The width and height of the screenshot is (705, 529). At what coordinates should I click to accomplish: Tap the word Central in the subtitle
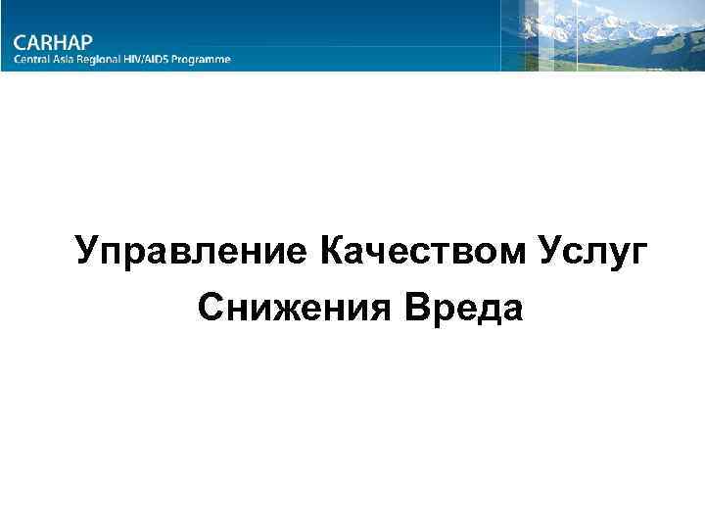click(32, 59)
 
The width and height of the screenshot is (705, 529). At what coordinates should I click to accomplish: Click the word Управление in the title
click(192, 251)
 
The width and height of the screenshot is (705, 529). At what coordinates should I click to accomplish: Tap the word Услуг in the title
click(590, 251)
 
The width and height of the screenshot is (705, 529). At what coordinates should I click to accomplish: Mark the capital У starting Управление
click(88, 251)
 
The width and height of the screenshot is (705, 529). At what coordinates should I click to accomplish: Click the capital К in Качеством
click(330, 251)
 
